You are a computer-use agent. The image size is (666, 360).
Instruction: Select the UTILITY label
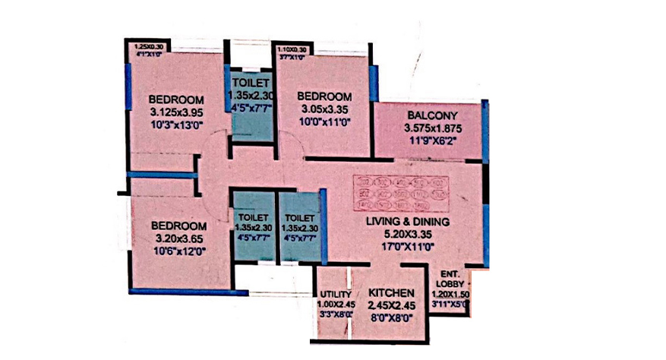pyautogui.click(x=335, y=295)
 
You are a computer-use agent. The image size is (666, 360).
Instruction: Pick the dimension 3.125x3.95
pyautogui.click(x=175, y=112)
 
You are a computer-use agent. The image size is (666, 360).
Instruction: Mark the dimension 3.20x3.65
pyautogui.click(x=178, y=238)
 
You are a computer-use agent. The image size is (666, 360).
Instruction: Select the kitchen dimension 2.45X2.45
pyautogui.click(x=391, y=306)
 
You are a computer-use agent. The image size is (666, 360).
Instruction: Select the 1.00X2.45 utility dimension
pyautogui.click(x=335, y=305)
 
